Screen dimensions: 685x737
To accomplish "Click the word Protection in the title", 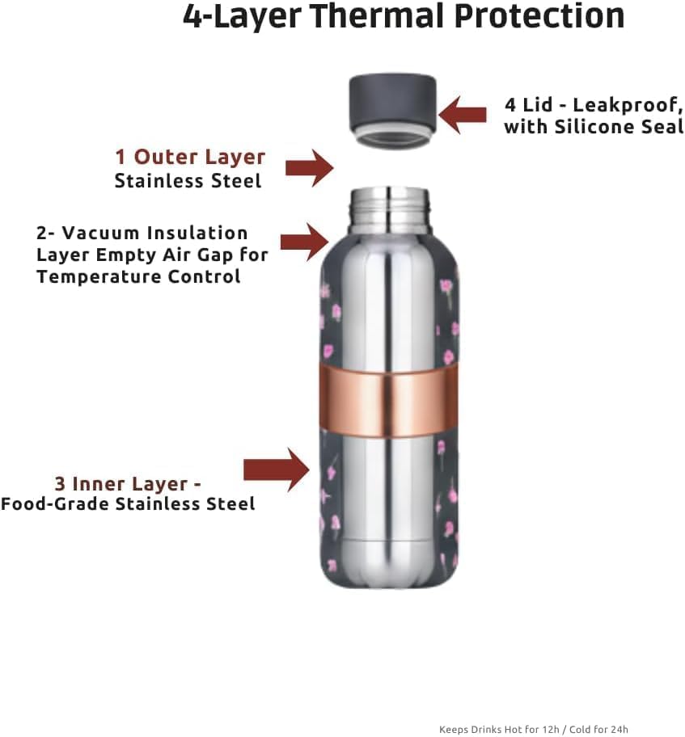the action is (x=541, y=17).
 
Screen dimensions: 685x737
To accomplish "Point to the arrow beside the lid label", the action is (x=463, y=115).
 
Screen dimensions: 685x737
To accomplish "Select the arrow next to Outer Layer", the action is (x=309, y=168).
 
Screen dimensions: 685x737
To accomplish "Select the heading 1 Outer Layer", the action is (x=190, y=157).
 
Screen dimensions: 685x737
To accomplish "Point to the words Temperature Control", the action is (x=138, y=276).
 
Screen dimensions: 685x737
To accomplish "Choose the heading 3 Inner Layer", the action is (x=128, y=483).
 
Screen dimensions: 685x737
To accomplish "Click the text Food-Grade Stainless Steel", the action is (x=128, y=504).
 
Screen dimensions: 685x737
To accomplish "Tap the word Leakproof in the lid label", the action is (x=632, y=105).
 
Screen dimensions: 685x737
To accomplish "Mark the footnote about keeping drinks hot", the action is (x=534, y=729).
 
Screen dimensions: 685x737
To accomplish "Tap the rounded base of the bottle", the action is (x=391, y=570).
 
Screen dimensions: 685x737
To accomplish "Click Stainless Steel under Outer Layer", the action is (x=188, y=180).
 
